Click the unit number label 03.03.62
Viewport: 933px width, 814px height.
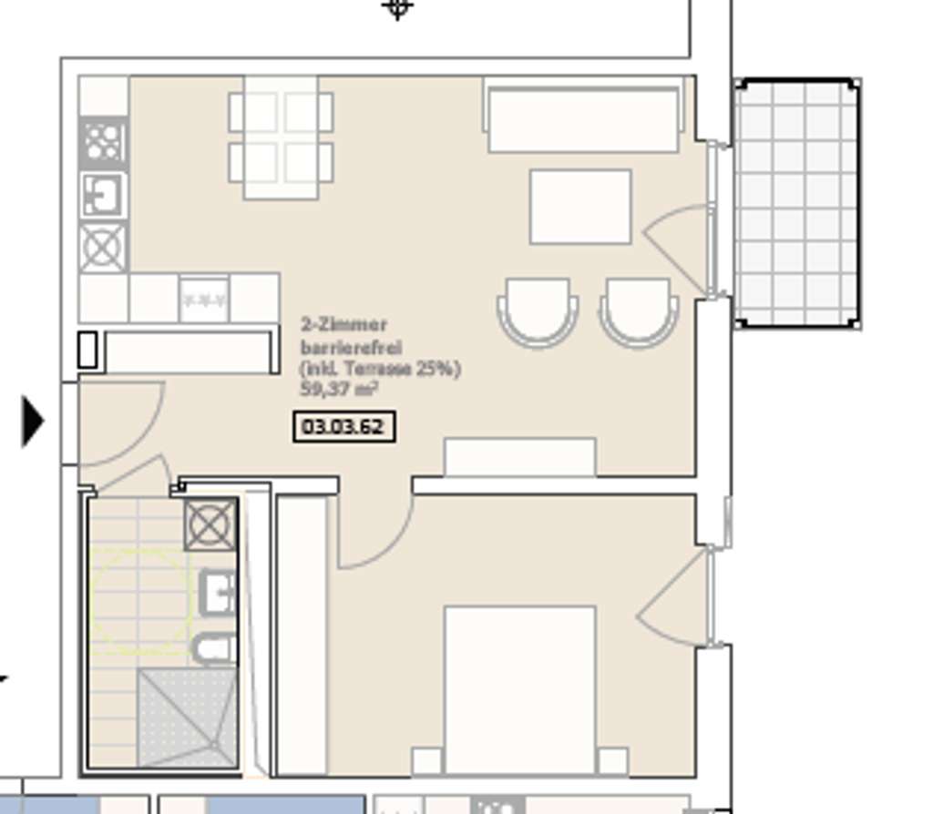[x=344, y=427]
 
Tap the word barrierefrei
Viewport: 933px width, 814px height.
[x=351, y=347]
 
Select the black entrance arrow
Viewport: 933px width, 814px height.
[x=33, y=421]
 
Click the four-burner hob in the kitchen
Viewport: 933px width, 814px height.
[x=103, y=142]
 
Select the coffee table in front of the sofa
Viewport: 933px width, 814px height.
[x=580, y=207]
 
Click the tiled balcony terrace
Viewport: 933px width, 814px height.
[x=796, y=203]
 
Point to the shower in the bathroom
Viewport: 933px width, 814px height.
[x=186, y=717]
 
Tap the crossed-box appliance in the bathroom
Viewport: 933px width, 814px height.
[x=210, y=525]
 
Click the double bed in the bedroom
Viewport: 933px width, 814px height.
[x=519, y=687]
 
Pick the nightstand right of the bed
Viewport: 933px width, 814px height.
[x=612, y=761]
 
